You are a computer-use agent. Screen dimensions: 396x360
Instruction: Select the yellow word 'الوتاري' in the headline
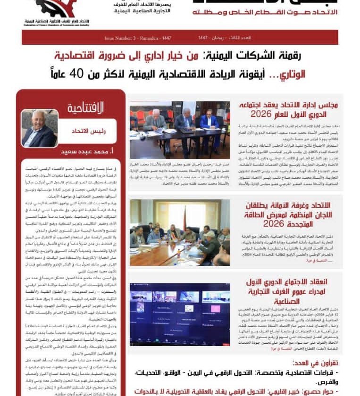coord(321,74)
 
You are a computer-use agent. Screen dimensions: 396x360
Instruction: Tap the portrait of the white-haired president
coord(40,128)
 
